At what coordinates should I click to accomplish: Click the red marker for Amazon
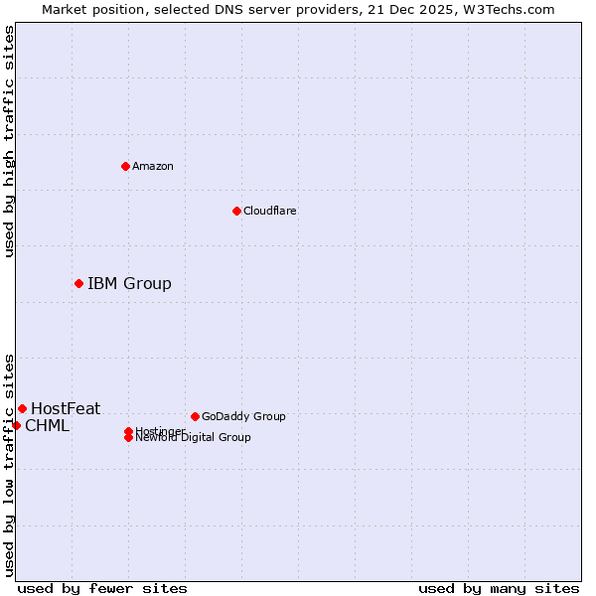point(125,166)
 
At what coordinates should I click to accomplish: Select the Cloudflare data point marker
point(236,211)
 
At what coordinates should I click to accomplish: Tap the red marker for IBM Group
point(78,283)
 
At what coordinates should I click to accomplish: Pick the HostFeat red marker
point(22,408)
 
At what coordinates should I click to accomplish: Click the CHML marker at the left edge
point(16,425)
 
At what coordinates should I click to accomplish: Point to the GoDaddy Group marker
point(195,416)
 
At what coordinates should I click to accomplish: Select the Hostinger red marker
point(128,431)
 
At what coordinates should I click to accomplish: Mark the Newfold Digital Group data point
point(128,438)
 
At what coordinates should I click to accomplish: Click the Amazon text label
point(153,166)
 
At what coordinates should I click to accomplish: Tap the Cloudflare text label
point(270,211)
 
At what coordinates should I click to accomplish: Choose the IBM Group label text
point(129,284)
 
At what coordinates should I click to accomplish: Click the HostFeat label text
point(66,408)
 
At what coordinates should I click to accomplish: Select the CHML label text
point(47,426)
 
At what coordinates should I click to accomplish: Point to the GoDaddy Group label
point(243,416)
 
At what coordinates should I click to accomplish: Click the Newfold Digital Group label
point(194,438)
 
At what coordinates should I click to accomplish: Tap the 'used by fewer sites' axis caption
point(102,588)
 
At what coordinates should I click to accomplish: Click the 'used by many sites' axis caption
point(499,588)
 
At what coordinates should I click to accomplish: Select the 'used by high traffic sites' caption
point(9,141)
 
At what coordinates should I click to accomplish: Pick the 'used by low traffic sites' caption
point(9,465)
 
